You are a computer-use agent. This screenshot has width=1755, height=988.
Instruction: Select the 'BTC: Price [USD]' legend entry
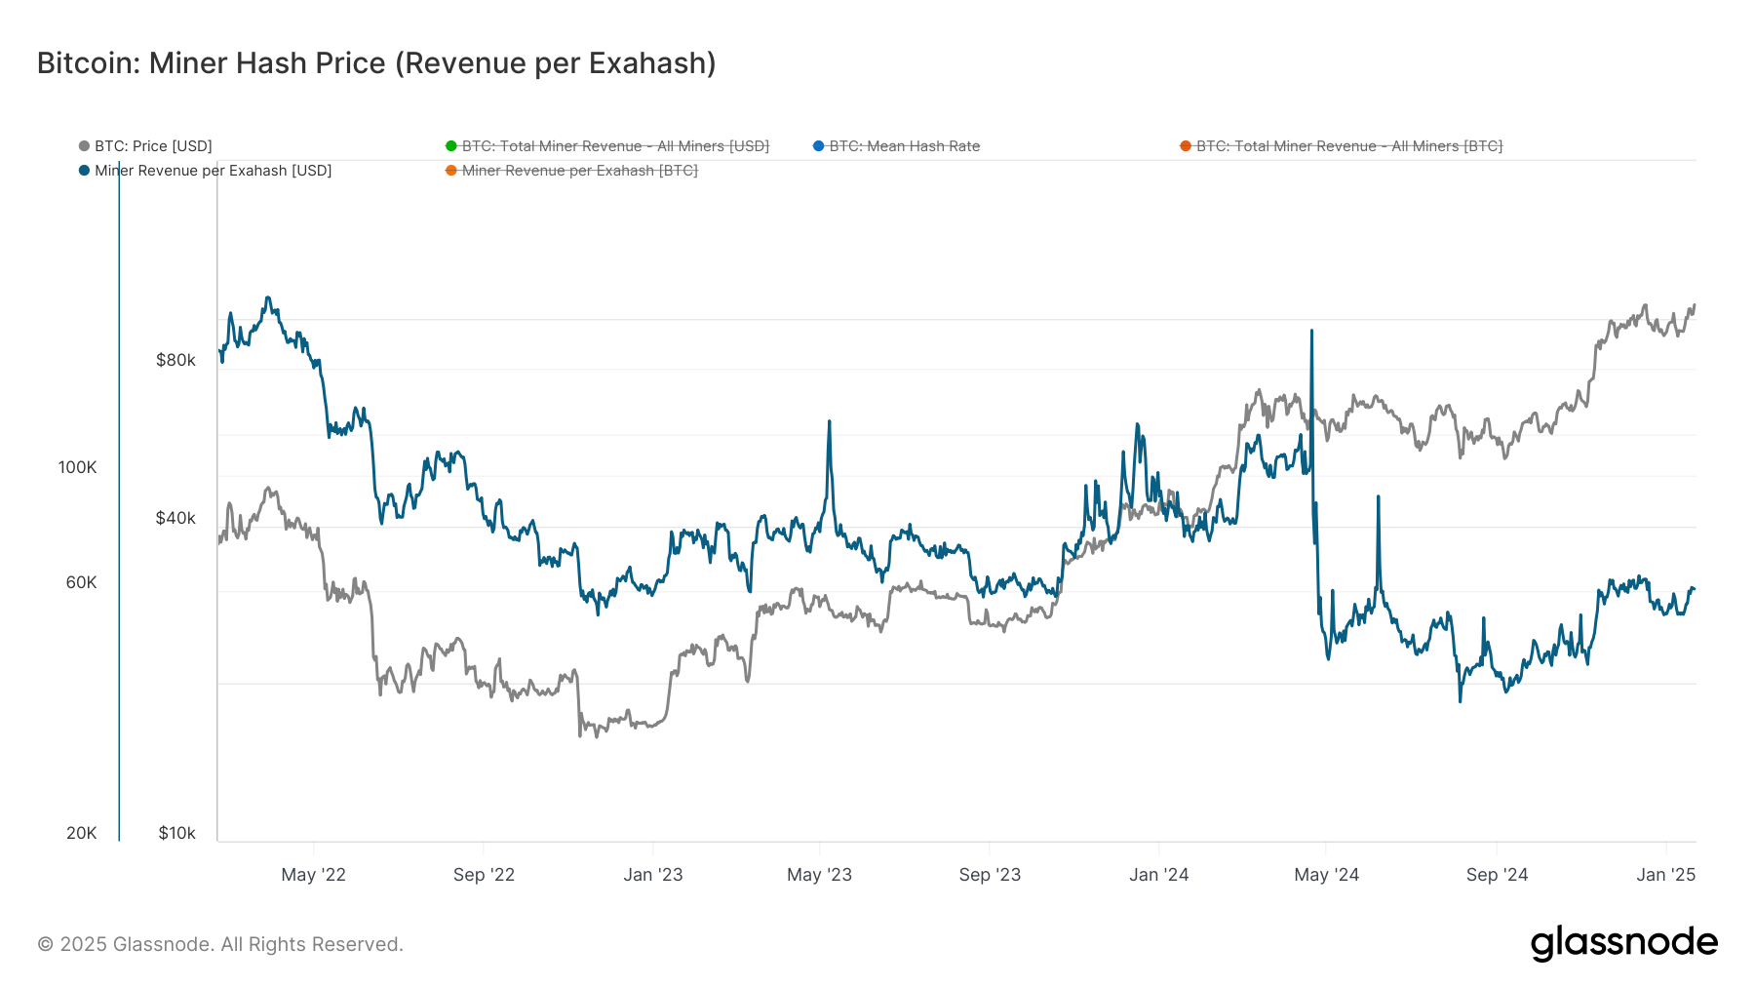click(x=152, y=146)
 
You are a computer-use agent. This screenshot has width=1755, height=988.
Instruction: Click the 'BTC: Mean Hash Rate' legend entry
click(x=903, y=146)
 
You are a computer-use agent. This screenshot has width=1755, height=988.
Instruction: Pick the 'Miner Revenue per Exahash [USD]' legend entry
click(x=213, y=171)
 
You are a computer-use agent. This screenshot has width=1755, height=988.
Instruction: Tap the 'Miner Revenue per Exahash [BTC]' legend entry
click(x=579, y=171)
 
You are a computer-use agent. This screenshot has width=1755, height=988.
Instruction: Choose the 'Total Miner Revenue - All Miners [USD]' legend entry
click(x=614, y=146)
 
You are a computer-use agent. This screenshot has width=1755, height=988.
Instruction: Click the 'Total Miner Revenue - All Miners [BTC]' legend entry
click(x=1348, y=146)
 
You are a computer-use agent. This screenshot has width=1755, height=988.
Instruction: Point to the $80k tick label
click(x=175, y=360)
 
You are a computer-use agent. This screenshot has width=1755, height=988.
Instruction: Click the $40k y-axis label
click(x=175, y=518)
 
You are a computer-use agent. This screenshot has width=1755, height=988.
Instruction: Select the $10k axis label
click(x=176, y=833)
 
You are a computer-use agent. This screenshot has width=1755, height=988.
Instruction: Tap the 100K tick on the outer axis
click(x=77, y=467)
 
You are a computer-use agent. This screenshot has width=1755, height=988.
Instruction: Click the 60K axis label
click(x=81, y=582)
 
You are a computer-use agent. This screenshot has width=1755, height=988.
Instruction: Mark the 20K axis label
click(x=81, y=833)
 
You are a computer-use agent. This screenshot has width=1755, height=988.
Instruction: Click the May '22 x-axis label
click(x=313, y=875)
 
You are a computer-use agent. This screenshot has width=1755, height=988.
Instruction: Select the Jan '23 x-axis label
click(x=652, y=875)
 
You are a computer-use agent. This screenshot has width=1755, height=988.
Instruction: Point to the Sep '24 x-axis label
click(x=1497, y=875)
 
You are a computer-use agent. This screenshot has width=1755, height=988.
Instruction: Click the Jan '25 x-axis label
click(x=1665, y=875)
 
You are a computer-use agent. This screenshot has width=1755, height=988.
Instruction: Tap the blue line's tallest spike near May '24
click(x=1311, y=333)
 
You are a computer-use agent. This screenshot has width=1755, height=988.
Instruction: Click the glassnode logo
click(x=1623, y=943)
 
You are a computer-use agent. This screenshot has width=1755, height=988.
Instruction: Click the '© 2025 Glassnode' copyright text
click(x=220, y=944)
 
